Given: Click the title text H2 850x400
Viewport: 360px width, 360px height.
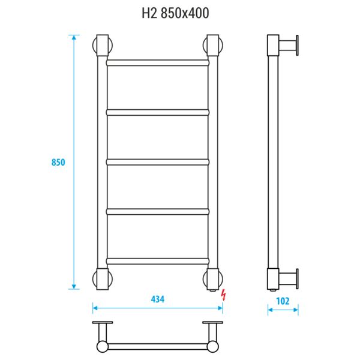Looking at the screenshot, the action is pos(175,13).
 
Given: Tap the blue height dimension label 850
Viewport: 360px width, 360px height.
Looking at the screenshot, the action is pos(58,163).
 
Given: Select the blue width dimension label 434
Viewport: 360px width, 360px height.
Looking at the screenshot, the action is pos(158,299).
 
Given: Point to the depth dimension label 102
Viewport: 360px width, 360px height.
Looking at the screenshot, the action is pos(283,301).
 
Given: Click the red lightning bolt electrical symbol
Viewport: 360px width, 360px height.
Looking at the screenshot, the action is pos(223,295).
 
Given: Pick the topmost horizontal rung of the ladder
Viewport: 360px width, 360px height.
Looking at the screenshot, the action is pos(158,63).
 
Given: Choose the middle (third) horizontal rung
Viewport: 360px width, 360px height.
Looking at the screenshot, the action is pos(158,162).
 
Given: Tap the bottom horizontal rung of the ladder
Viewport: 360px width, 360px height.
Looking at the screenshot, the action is pos(158,261).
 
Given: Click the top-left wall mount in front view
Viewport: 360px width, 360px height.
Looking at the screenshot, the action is pos(103,46).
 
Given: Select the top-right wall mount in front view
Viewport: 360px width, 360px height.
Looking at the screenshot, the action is pos(213,46).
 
